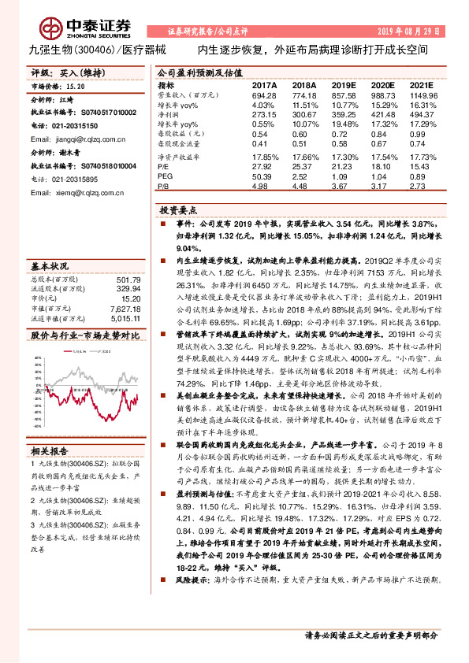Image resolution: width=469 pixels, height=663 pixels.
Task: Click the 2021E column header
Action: [422, 84]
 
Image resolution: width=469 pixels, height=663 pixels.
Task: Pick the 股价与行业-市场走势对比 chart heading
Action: [84, 334]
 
